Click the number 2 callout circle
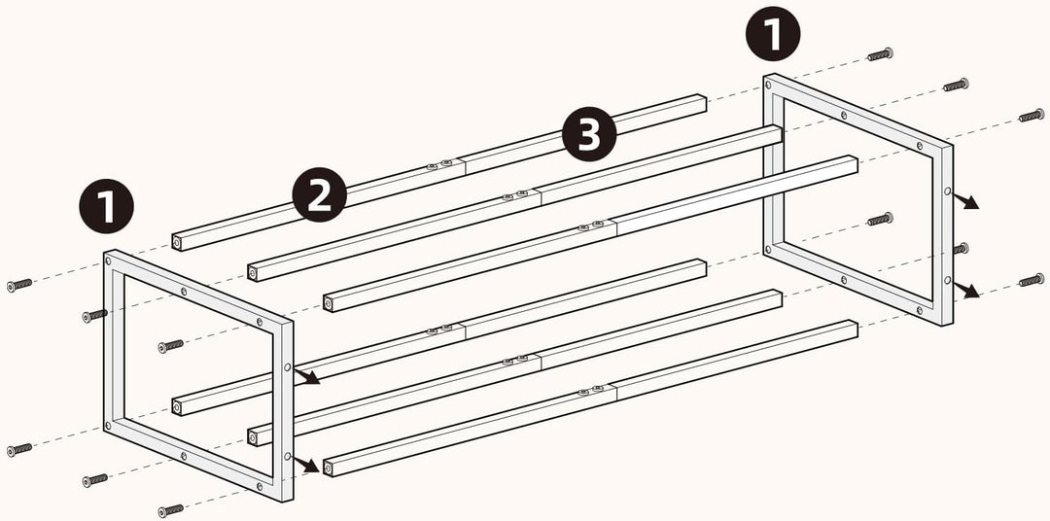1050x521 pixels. click(320, 194)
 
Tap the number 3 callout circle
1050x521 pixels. click(588, 134)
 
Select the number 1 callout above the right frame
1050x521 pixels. click(773, 33)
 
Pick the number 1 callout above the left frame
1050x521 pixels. click(107, 206)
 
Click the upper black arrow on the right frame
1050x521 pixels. click(965, 201)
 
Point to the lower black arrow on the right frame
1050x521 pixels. click(965, 290)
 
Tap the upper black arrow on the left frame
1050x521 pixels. click(306, 376)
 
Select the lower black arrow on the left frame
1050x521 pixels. click(306, 465)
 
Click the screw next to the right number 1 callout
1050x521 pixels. click(880, 54)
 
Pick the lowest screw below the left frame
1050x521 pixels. click(171, 511)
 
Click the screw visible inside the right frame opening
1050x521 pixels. click(880, 219)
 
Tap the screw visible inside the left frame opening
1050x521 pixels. click(171, 346)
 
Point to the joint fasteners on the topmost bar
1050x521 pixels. click(439, 164)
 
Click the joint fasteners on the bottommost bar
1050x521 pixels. click(591, 391)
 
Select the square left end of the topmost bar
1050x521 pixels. click(177, 243)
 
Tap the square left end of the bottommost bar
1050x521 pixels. click(329, 469)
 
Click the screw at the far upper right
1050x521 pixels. click(1032, 115)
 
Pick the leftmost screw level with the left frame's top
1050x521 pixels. click(19, 285)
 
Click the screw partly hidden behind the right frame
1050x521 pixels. click(961, 249)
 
